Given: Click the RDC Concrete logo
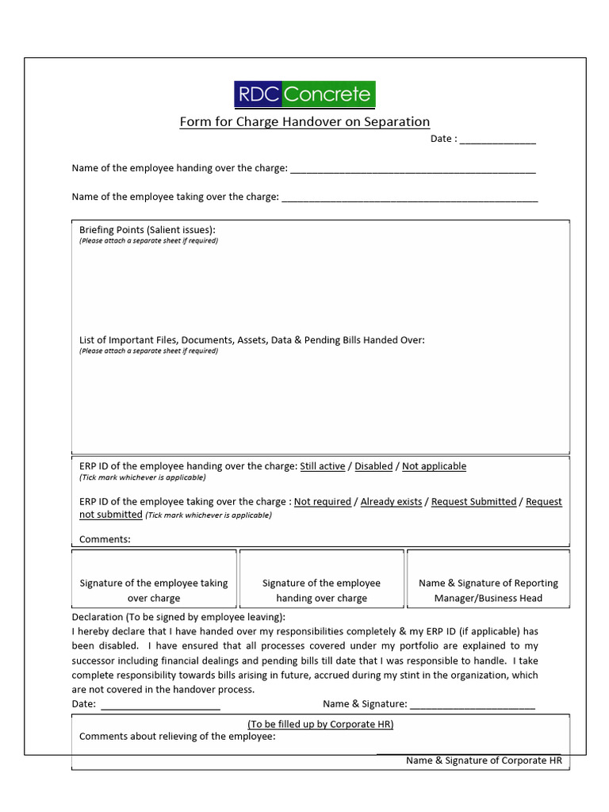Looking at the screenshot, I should (x=304, y=94).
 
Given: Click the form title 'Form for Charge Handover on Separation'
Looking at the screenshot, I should (x=304, y=122).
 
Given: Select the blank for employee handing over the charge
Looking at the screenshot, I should (x=413, y=169).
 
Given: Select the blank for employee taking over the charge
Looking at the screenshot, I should (x=409, y=197).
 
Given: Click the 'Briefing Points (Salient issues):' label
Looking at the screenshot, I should (x=147, y=230).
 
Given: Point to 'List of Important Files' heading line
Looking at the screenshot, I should (x=252, y=340).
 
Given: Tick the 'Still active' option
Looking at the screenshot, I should (x=322, y=466).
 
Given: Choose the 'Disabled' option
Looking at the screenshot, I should (x=373, y=466).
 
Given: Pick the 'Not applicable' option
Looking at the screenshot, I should (x=434, y=466).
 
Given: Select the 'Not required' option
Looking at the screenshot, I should (x=322, y=502).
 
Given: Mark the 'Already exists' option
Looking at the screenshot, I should (x=391, y=502).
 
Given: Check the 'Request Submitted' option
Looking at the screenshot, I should (x=473, y=502).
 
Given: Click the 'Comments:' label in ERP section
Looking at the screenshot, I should (x=105, y=539).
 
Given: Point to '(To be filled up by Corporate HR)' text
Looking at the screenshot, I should (x=320, y=724).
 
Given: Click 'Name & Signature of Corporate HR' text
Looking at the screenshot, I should (x=484, y=760).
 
